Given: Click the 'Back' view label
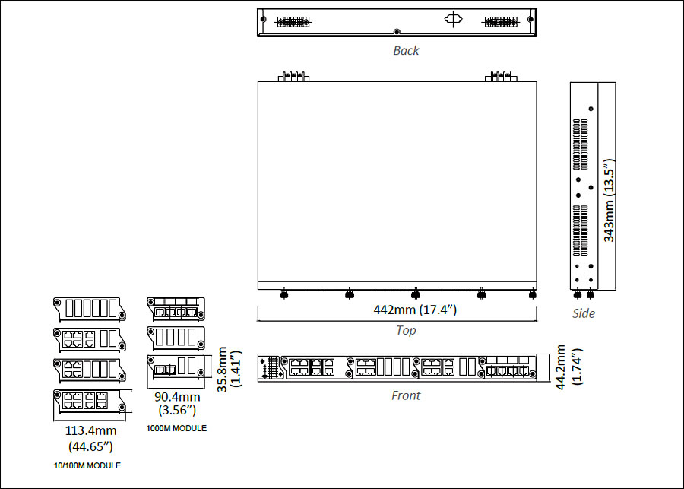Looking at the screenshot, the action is click(406, 51).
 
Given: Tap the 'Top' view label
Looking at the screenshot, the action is click(406, 330).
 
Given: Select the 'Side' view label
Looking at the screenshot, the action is click(584, 313).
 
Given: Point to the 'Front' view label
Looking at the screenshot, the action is click(406, 395).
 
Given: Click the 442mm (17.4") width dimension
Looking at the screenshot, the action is click(415, 310).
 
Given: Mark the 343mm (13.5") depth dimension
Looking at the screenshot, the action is click(609, 200).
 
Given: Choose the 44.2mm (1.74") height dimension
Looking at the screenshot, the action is click(568, 367).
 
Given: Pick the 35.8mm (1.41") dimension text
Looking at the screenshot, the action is click(230, 370).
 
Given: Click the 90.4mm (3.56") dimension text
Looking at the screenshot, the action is click(177, 403).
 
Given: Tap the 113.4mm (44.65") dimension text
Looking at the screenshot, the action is click(90, 438).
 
